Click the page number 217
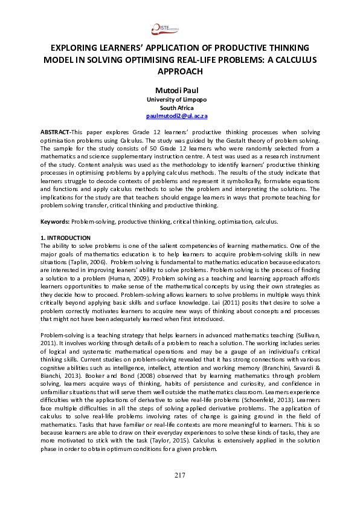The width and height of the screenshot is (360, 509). pyautogui.click(x=179, y=491)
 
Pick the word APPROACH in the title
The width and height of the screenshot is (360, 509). pyautogui.click(x=179, y=71)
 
